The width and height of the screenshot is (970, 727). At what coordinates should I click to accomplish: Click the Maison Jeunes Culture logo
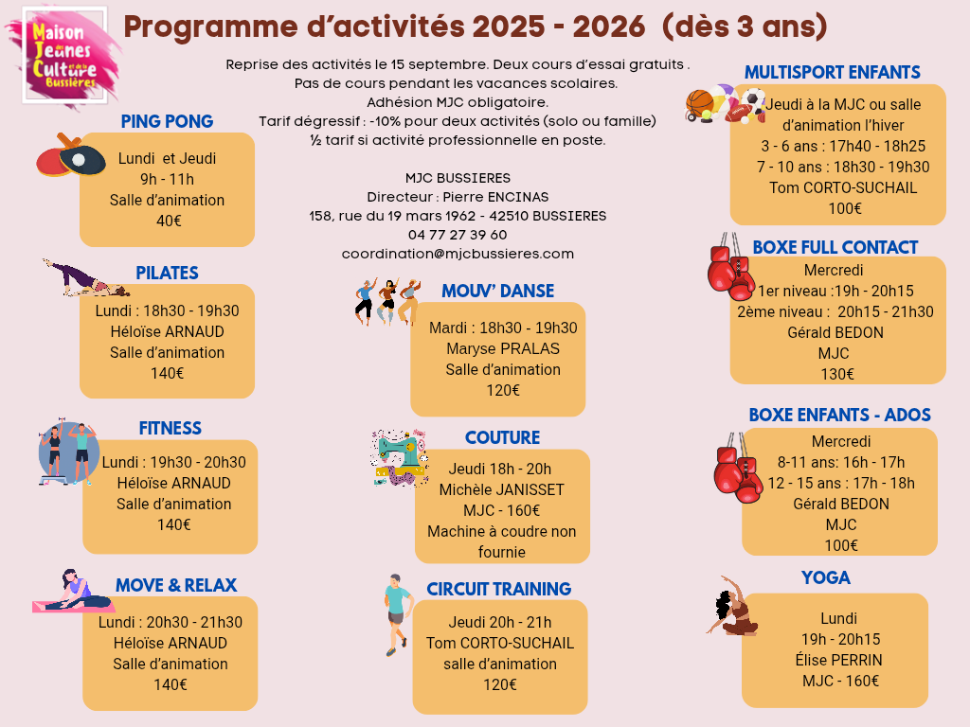click(65, 56)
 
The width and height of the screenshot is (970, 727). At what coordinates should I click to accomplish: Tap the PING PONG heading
click(167, 122)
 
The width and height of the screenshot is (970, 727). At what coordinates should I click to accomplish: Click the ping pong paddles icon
click(70, 154)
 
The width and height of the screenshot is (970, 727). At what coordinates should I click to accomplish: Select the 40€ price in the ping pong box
click(169, 221)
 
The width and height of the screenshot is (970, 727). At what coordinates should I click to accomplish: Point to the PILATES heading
click(167, 273)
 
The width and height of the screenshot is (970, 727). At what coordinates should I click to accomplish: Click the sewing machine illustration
click(399, 458)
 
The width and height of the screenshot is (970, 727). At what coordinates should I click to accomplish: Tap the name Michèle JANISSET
click(502, 489)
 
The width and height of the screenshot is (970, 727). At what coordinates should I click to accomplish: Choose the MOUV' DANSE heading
click(497, 291)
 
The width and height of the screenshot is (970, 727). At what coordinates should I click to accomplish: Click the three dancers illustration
click(387, 302)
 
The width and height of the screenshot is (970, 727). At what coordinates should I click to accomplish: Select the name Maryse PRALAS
click(503, 348)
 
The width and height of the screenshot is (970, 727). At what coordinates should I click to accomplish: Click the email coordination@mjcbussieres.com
click(458, 254)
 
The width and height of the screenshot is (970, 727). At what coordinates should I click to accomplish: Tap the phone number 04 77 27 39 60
click(458, 235)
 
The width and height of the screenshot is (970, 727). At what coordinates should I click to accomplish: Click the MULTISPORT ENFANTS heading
click(832, 72)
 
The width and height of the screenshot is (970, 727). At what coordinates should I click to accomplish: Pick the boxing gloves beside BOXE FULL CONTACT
click(730, 266)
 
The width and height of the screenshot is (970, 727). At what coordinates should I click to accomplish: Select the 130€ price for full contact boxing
click(837, 374)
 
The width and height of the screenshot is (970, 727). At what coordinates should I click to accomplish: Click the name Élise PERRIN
click(838, 660)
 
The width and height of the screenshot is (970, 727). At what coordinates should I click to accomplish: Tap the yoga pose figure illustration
click(733, 607)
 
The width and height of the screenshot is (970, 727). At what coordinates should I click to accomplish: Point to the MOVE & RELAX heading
click(176, 585)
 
